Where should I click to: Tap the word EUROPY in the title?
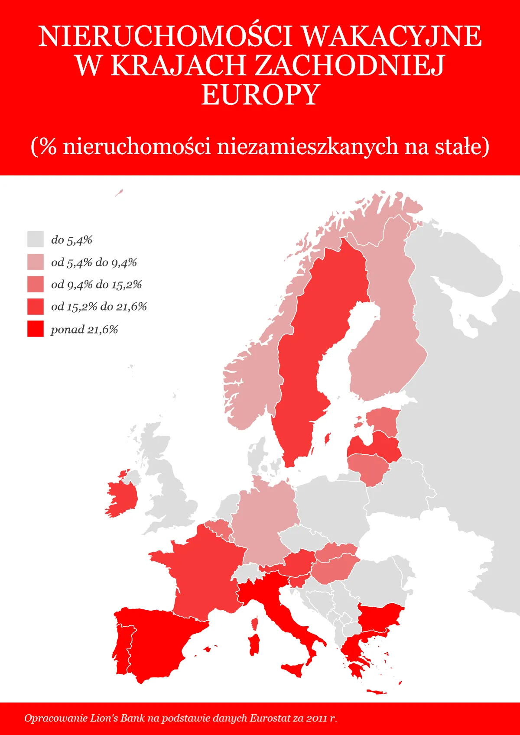pyautogui.click(x=260, y=94)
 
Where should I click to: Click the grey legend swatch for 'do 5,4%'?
pyautogui.click(x=36, y=239)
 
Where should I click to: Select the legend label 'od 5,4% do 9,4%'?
pyautogui.click(x=94, y=262)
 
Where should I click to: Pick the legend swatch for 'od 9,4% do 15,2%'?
pyautogui.click(x=36, y=284)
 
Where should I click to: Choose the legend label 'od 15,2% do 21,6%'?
pyautogui.click(x=99, y=307)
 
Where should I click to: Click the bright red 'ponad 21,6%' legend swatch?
pyautogui.click(x=36, y=329)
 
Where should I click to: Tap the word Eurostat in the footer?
pyautogui.click(x=270, y=718)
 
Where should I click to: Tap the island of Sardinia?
pyautogui.click(x=254, y=645)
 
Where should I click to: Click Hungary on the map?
pyautogui.click(x=334, y=570)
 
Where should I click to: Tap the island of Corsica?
pyautogui.click(x=255, y=624)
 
